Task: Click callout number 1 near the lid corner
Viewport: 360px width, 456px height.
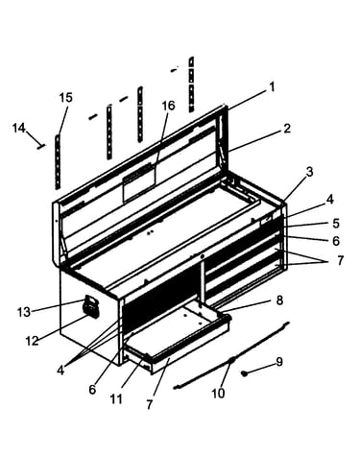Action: point(272,86)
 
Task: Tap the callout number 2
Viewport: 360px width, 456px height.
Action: point(287,129)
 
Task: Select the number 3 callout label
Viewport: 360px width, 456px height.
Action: point(309,172)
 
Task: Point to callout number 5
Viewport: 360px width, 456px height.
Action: point(336,224)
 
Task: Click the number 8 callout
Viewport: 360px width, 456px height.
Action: point(279,300)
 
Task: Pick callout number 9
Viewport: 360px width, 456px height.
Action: point(279,362)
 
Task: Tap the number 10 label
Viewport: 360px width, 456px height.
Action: point(218,393)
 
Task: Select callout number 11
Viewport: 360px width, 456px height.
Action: point(116,398)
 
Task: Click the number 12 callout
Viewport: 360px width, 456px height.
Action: point(32,341)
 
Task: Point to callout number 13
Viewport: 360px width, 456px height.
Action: point(24,312)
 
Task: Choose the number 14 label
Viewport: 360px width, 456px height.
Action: point(19,129)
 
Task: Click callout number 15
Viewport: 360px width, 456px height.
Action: point(66,98)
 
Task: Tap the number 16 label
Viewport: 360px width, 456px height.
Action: point(169,106)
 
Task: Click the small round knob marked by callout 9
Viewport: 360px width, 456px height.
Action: point(245,373)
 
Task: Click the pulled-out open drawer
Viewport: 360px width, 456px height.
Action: point(178,339)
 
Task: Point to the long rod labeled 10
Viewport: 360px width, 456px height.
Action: point(231,355)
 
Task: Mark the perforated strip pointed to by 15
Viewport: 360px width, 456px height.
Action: point(58,161)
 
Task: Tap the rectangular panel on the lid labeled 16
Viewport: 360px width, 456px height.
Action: point(139,182)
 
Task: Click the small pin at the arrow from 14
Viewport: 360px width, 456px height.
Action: point(41,147)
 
